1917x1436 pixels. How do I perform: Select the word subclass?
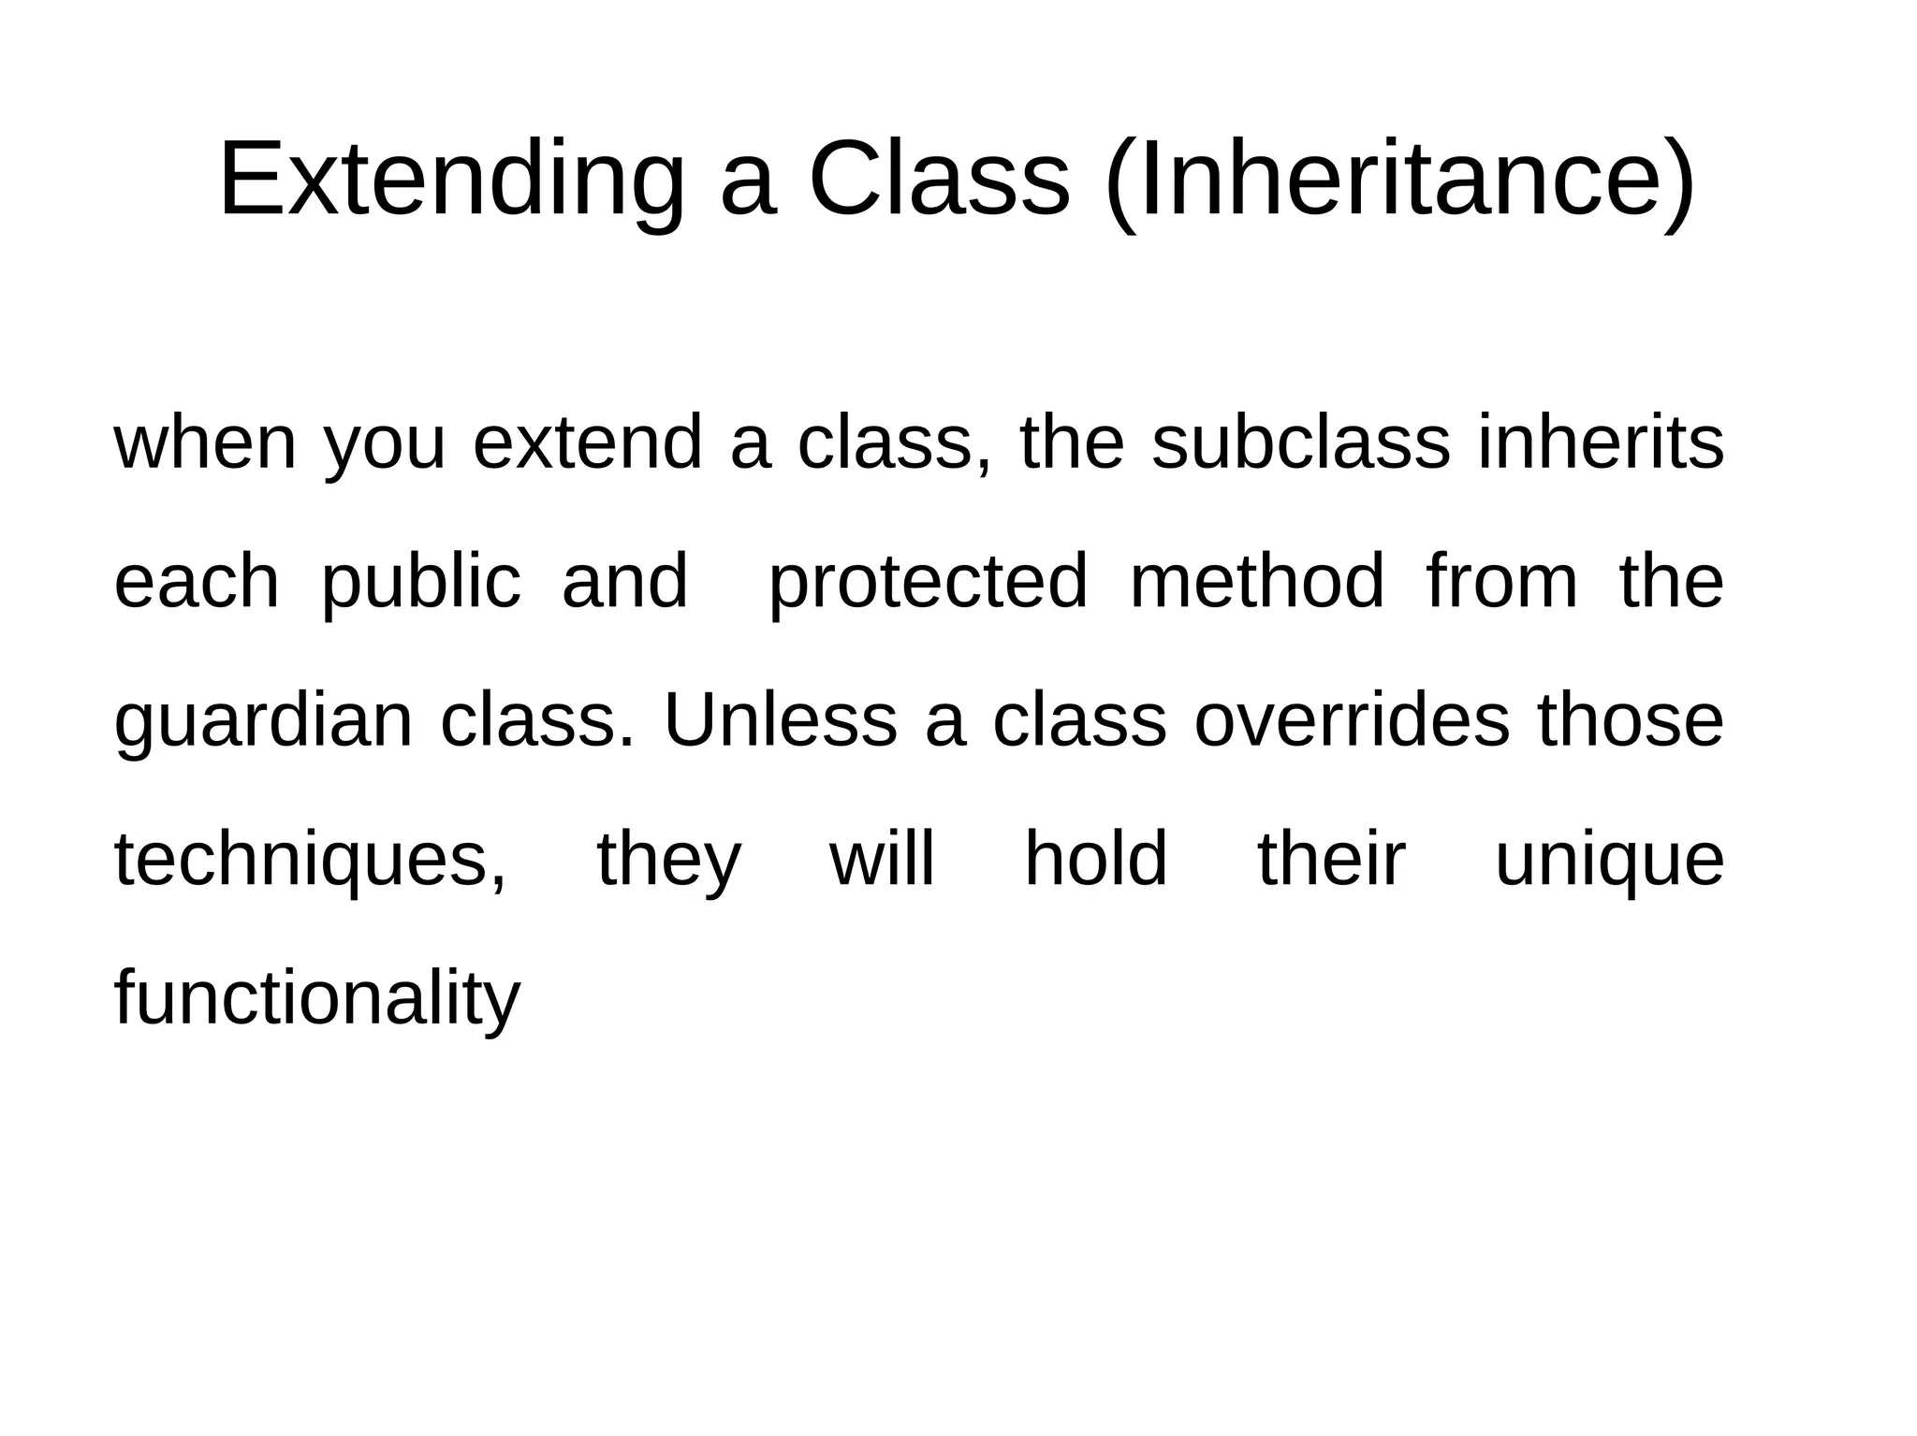click(1301, 442)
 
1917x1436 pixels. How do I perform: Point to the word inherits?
click(1601, 442)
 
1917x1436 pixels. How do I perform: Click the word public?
click(421, 582)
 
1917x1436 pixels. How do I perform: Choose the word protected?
click(928, 582)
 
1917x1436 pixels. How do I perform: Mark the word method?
click(1257, 582)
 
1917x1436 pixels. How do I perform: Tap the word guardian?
click(263, 721)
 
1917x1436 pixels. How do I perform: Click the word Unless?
click(780, 721)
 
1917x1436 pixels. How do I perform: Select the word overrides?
click(1352, 721)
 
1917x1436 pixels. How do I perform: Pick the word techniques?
click(310, 860)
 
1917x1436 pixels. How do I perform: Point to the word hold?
click(1096, 860)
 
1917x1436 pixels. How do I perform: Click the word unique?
click(1609, 860)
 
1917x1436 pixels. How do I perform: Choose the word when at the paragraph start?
click(205, 442)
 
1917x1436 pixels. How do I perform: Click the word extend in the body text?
click(587, 442)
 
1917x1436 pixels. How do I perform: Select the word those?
click(1630, 721)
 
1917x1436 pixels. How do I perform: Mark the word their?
click(1331, 860)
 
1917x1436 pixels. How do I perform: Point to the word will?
click(882, 860)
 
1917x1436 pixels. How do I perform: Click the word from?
click(1502, 582)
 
